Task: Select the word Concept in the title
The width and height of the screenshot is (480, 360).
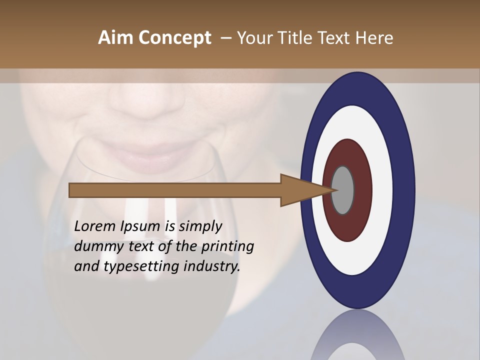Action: point(173,38)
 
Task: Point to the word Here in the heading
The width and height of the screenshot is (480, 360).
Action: point(374,38)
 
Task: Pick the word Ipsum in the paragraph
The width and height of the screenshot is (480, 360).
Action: point(140,227)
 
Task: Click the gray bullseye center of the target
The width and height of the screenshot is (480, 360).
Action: point(343,190)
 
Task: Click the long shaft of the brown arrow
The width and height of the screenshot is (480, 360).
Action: point(175,190)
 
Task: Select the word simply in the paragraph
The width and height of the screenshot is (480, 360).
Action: point(200,226)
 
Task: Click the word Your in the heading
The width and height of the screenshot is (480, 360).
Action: point(256,38)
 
